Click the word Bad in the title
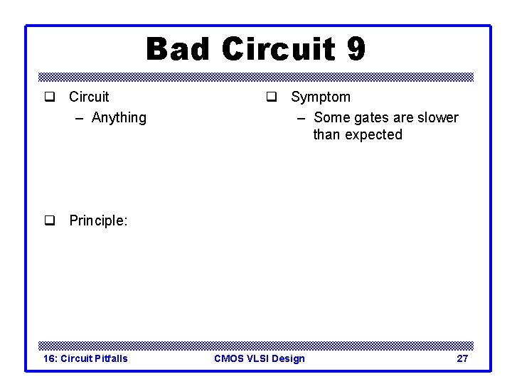click(178, 50)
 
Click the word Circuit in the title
click(277, 50)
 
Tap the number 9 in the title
click(356, 50)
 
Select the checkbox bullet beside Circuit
click(50, 97)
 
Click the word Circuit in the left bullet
click(89, 97)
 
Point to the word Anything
click(119, 117)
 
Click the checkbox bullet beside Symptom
click(272, 97)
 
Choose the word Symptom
click(321, 97)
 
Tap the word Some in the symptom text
click(331, 117)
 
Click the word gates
click(370, 117)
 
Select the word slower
click(437, 117)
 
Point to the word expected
click(375, 134)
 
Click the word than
click(327, 134)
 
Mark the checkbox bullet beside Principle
click(50, 221)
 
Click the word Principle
click(98, 221)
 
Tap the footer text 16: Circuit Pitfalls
click(85, 358)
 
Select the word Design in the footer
click(289, 358)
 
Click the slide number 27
click(462, 358)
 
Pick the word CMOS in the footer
click(229, 358)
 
